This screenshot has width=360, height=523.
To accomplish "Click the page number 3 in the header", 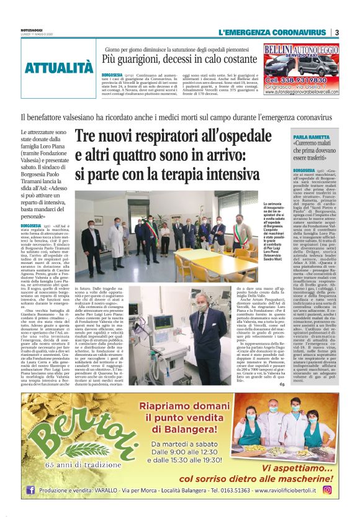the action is tap(336, 32).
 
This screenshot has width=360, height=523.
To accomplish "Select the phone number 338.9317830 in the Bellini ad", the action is tap(302, 81).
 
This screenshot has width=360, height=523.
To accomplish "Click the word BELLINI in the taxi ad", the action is tap(284, 48).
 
